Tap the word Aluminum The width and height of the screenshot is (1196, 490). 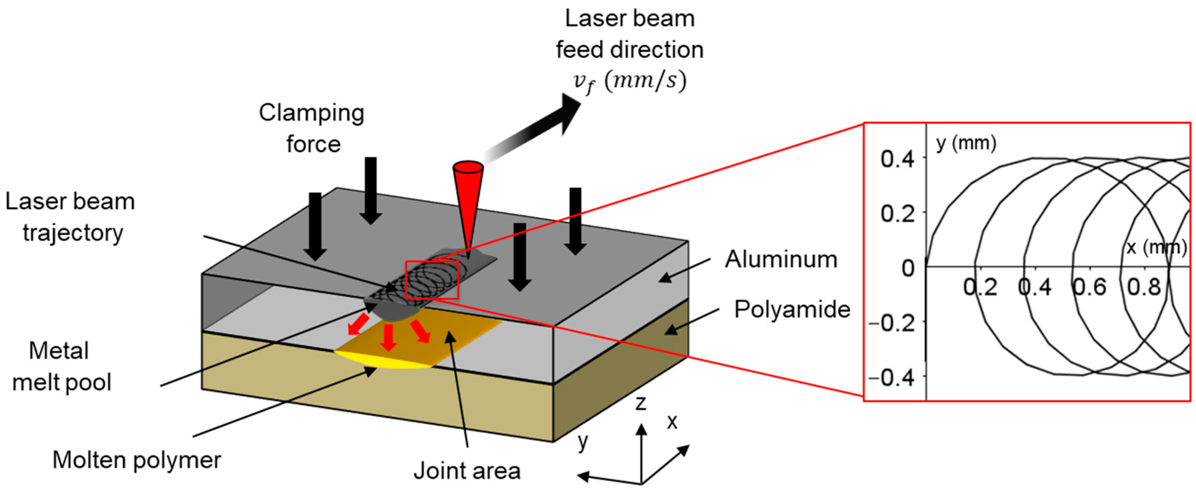click(x=781, y=259)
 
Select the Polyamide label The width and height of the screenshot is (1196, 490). click(x=792, y=309)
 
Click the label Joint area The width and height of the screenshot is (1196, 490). click(x=466, y=470)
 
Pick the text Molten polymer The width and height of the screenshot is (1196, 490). click(x=137, y=460)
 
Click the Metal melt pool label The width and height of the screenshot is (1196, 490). click(x=61, y=367)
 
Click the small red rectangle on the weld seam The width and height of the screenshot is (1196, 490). click(x=432, y=280)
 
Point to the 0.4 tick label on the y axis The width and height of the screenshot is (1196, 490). click(x=897, y=159)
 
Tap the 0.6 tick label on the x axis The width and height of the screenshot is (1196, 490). click(x=1089, y=287)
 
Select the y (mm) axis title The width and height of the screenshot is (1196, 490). click(x=966, y=143)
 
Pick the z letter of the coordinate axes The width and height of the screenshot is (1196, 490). click(x=641, y=403)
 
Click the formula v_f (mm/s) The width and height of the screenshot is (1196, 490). click(x=629, y=82)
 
